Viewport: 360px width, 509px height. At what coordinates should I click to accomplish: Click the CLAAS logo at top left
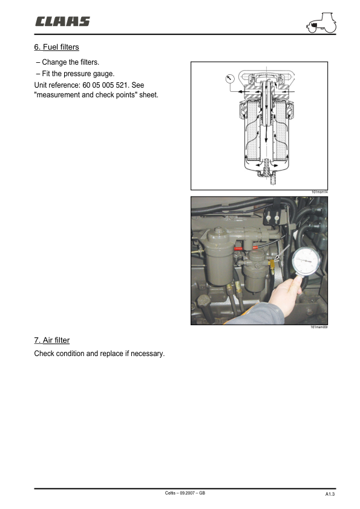tap(62, 22)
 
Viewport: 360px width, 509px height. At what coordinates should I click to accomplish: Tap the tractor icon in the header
tap(321, 24)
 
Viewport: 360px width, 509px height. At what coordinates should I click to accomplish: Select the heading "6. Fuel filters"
tap(56, 47)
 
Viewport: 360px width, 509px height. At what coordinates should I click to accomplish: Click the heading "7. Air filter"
tap(51, 340)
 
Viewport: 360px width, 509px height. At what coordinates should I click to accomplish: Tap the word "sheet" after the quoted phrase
tap(148, 95)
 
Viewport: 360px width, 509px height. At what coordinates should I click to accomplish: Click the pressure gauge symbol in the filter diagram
tap(228, 77)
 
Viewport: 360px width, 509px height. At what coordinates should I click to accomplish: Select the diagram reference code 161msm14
tap(319, 192)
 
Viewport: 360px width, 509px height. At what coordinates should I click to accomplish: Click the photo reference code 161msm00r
tap(318, 327)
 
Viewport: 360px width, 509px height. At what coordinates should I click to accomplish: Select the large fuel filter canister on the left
tap(217, 260)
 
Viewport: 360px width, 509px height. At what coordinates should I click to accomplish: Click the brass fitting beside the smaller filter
tap(272, 264)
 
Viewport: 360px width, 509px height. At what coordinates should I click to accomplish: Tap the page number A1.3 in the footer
tap(330, 494)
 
